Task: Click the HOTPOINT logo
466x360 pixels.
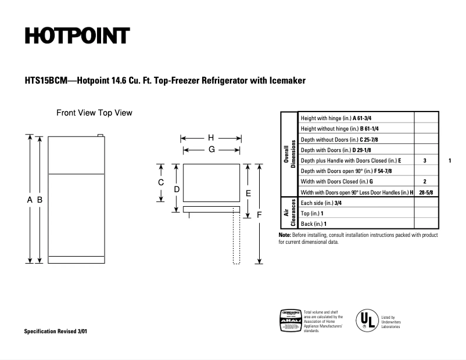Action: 77,36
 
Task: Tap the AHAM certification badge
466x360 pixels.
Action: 291,320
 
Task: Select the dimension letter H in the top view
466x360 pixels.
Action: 211,138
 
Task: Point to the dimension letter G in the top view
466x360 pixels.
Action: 212,149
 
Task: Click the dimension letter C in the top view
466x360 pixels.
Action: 161,182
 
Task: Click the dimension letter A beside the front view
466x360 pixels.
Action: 30,199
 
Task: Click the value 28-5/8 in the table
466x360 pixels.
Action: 425,192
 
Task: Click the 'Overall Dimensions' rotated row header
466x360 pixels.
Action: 289,154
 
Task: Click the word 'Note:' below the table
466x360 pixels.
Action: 285,235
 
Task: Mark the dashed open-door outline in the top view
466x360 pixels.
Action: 236,238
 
